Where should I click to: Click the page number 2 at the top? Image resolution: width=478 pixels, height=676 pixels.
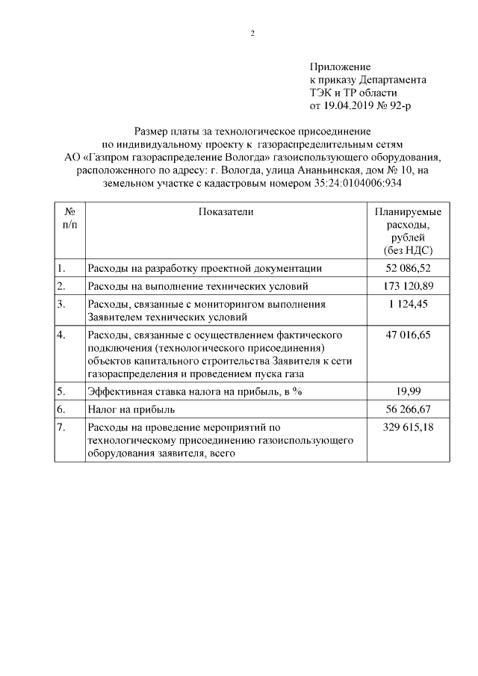coord(252,33)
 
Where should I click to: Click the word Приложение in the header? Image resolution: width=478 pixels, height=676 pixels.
coord(340,67)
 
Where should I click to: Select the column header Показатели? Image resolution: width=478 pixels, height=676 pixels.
coord(226,212)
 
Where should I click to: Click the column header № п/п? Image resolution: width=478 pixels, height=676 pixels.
coord(69,218)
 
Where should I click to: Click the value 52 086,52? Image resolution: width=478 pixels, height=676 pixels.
coord(408,268)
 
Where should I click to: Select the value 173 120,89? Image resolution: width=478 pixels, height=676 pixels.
coord(408,286)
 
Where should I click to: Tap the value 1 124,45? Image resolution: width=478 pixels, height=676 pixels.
coord(408,304)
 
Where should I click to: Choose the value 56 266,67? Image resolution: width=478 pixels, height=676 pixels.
coord(408,409)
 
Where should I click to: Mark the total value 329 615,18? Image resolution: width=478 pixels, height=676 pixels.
coord(408,427)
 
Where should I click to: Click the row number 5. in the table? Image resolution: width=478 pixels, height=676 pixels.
coord(61,391)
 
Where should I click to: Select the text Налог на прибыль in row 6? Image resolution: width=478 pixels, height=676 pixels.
coord(131,409)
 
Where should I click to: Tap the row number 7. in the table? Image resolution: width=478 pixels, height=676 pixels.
coord(61,427)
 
